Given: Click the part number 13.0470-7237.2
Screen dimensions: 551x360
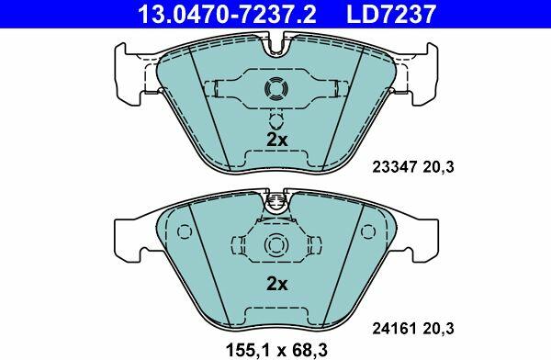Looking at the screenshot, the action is tap(228, 14).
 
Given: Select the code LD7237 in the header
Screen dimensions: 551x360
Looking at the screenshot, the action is tap(391, 14).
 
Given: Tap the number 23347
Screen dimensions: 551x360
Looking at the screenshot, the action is tap(394, 166).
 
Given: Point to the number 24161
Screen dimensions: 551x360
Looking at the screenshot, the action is tap(394, 329).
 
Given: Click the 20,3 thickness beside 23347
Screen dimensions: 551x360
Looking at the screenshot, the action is tap(438, 166).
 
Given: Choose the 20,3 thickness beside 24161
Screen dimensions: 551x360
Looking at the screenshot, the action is tap(438, 329).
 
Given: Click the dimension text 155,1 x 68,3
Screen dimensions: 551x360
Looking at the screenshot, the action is tap(276, 350).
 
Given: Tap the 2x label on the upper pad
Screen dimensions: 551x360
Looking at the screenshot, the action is tap(277, 140).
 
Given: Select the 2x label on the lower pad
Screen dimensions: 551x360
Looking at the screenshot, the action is tap(277, 284).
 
